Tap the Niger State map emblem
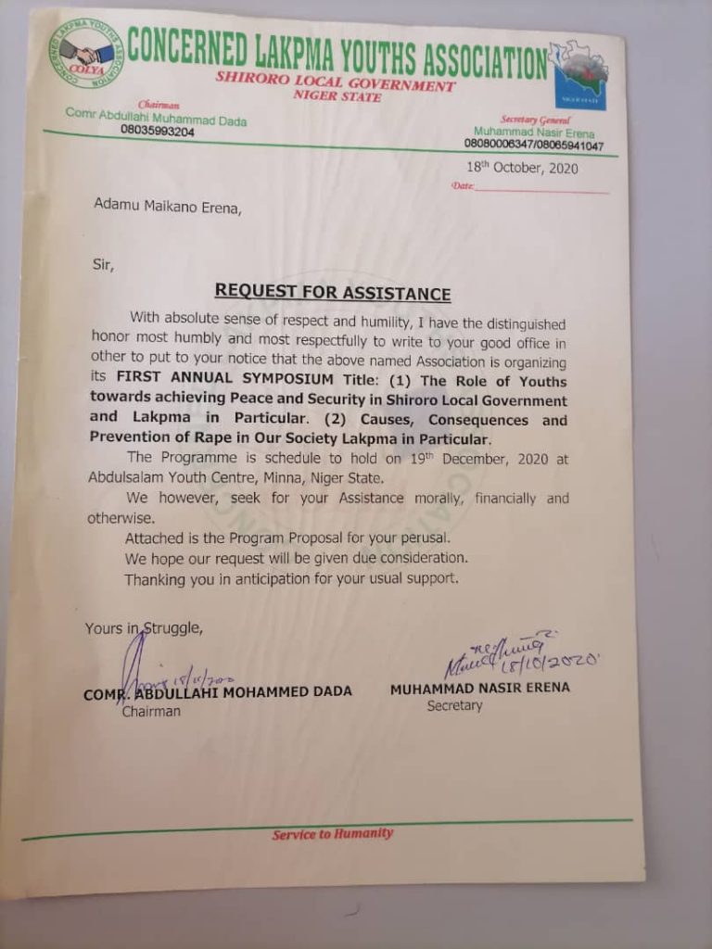(579, 74)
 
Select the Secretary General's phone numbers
(533, 146)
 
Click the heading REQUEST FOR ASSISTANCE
(333, 294)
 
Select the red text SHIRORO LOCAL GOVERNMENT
(335, 85)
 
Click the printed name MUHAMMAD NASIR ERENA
(479, 688)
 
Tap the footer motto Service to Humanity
(332, 834)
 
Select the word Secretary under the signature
(454, 705)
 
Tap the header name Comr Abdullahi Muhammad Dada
(156, 117)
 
